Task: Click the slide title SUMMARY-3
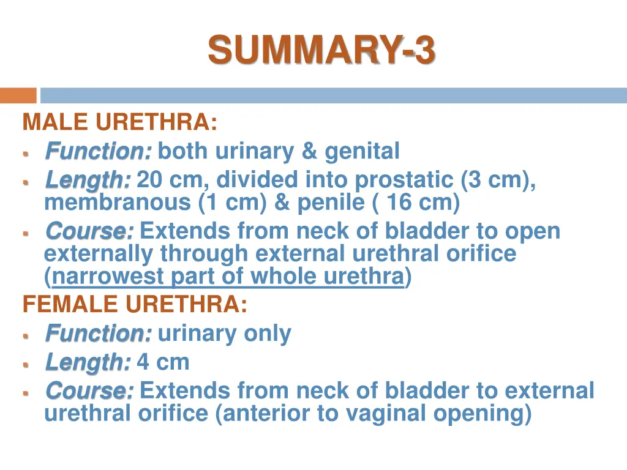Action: [321, 50]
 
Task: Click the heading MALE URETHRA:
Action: [119, 123]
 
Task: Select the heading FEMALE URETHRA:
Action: [135, 304]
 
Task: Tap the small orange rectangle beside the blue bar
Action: [18, 96]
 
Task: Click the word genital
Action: [362, 151]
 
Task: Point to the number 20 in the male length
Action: [149, 180]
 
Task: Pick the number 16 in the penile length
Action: [398, 203]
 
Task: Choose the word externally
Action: [99, 253]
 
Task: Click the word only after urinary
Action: [268, 334]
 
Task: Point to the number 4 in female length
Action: [143, 362]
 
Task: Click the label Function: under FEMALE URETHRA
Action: [98, 334]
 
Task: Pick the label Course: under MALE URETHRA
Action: [89, 231]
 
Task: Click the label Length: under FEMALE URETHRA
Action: [88, 362]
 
